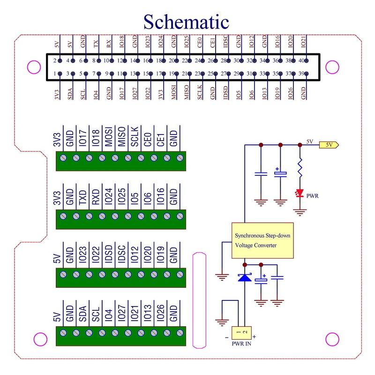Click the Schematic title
(186, 21)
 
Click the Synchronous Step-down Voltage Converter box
(262, 240)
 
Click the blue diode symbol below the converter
(245, 277)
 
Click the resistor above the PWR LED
(300, 168)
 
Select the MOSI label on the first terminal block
(109, 139)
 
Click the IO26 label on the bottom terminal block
(160, 313)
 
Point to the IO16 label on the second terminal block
(160, 197)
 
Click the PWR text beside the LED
(313, 195)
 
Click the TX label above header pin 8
(96, 45)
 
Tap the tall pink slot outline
(200, 300)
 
